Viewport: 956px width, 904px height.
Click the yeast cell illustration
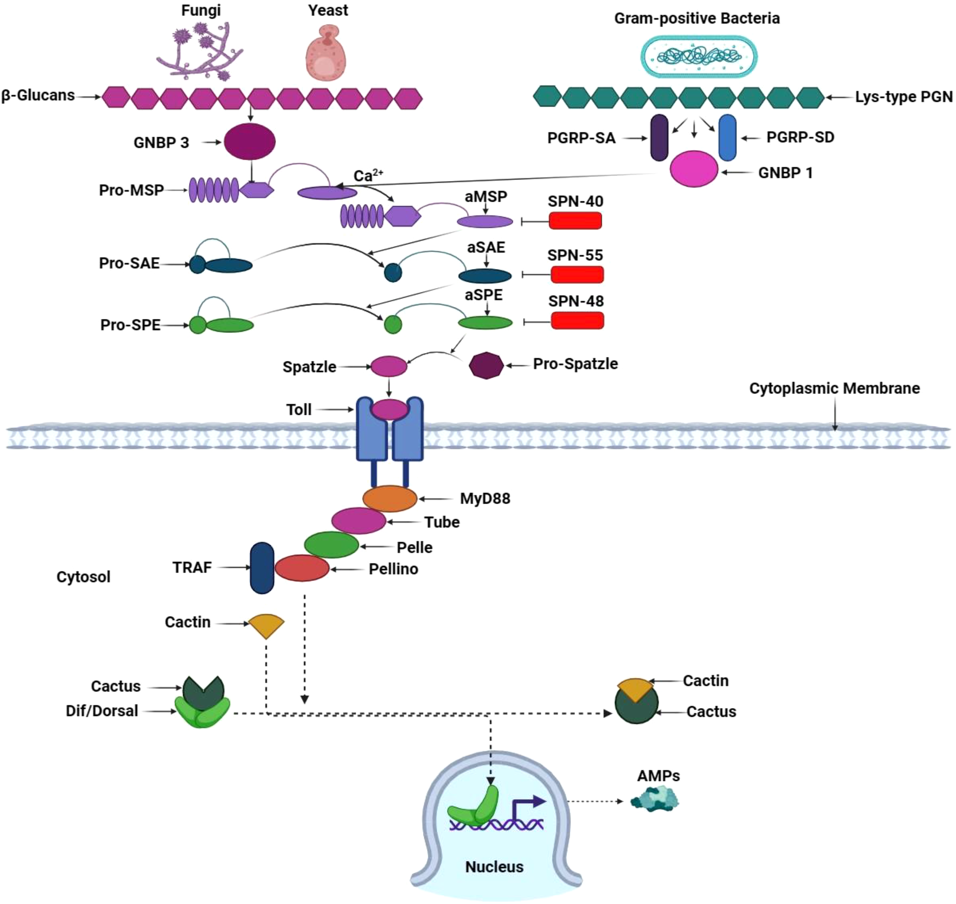pyautogui.click(x=326, y=54)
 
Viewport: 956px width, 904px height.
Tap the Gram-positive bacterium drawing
pyautogui.click(x=699, y=56)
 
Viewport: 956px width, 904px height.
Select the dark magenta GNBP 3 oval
pyautogui.click(x=250, y=141)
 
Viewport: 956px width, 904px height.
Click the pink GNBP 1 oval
pyautogui.click(x=694, y=169)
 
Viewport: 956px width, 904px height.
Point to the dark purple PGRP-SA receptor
pyautogui.click(x=659, y=138)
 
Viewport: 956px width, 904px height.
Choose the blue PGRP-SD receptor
pyautogui.click(x=727, y=138)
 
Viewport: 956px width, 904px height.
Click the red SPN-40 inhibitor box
pyautogui.click(x=576, y=221)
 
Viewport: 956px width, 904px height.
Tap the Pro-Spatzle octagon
pyautogui.click(x=486, y=365)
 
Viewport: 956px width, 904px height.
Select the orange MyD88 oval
pyautogui.click(x=389, y=498)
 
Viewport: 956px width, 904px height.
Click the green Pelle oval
pyautogui.click(x=332, y=545)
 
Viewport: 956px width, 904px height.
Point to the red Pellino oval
pyautogui.click(x=302, y=568)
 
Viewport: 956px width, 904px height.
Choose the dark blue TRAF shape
pyautogui.click(x=262, y=567)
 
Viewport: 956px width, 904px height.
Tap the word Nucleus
pyautogui.click(x=494, y=867)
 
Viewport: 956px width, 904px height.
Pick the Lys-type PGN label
pyautogui.click(x=904, y=97)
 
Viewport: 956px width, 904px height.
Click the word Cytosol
pyautogui.click(x=83, y=577)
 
